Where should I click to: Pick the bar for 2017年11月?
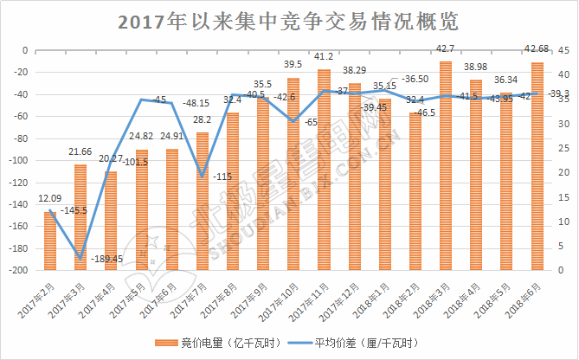tap(325, 169)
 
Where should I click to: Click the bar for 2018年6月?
tap(537, 164)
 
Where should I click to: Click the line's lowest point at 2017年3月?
tap(80, 258)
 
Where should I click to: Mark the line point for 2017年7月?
tap(202, 177)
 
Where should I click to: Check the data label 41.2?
tap(325, 56)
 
